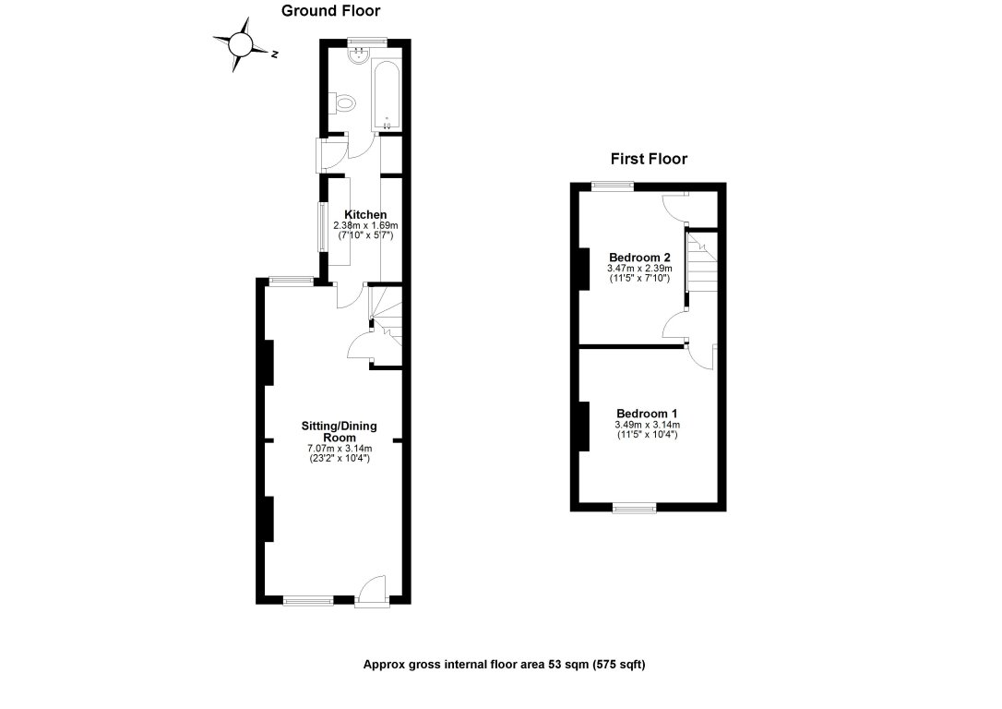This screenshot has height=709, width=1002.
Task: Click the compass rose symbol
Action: tap(240, 42)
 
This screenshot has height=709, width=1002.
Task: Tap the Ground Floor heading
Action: tap(330, 11)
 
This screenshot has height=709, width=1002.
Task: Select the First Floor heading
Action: tap(647, 159)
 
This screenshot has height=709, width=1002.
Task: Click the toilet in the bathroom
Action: tap(344, 103)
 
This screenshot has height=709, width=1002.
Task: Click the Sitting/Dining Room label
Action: tap(340, 432)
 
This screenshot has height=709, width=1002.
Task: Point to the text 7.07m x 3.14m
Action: tap(340, 449)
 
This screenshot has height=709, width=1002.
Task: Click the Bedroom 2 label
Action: tap(639, 257)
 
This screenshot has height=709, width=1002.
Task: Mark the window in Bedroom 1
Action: tap(634, 507)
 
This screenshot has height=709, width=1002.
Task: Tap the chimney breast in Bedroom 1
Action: tap(584, 427)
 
